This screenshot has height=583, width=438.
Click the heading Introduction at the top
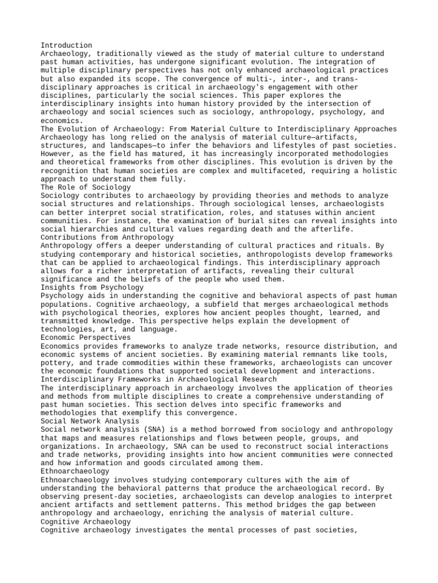66,45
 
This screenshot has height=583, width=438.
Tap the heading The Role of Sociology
86,187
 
